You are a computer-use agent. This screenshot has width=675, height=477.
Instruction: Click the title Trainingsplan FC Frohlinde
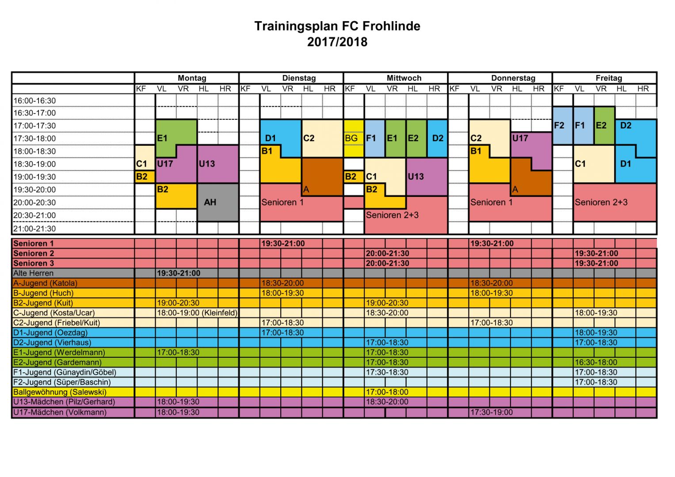(337, 26)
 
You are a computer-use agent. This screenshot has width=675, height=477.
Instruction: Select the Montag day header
(192, 78)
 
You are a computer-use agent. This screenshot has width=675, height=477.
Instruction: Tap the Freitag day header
(608, 78)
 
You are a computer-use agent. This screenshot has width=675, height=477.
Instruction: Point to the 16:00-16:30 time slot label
(34, 101)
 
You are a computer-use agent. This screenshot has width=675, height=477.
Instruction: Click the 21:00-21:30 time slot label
(34, 229)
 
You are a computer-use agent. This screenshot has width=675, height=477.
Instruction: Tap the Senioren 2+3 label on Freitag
(601, 202)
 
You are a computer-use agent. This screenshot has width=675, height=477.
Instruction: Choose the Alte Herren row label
(34, 273)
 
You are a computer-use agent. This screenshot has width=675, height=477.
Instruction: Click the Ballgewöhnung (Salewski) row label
(60, 392)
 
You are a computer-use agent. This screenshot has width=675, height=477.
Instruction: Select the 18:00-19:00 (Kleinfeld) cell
(197, 313)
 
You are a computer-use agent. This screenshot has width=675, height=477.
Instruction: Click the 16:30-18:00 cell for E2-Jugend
(595, 363)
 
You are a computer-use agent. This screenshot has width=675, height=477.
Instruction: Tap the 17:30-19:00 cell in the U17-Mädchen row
(491, 413)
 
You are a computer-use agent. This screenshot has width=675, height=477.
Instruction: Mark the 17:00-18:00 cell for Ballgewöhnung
(387, 392)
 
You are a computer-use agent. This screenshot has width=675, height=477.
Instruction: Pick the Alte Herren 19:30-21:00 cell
(179, 273)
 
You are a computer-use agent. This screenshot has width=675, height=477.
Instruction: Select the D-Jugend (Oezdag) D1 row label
(50, 333)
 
